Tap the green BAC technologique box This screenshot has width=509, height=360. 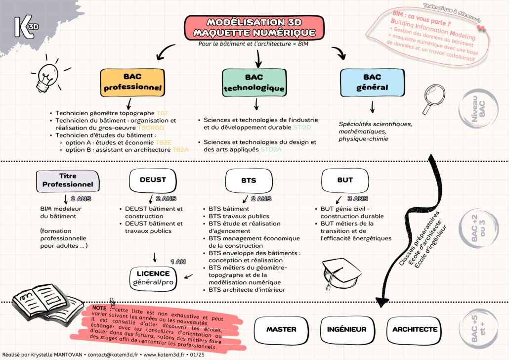point(254,83)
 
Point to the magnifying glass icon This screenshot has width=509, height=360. point(435,98)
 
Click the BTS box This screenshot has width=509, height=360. point(249,180)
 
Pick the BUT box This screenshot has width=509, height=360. point(345,180)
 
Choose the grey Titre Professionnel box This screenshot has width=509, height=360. point(68,180)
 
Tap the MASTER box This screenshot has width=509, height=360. point(281,329)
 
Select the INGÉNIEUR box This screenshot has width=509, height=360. point(346,329)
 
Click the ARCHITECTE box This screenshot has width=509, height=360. point(415,329)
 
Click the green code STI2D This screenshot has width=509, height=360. point(302,128)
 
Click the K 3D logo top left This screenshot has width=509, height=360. point(25,26)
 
